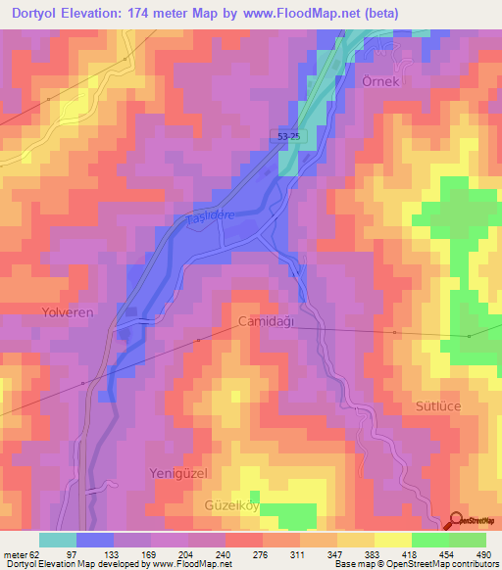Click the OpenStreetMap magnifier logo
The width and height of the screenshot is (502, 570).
pyautogui.click(x=457, y=521)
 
